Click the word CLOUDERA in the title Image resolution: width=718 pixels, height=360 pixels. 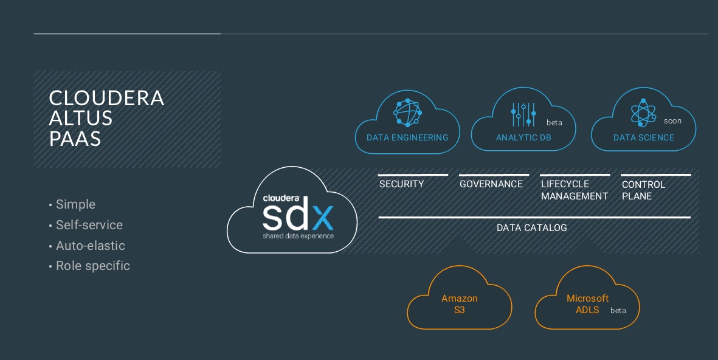pyautogui.click(x=106, y=98)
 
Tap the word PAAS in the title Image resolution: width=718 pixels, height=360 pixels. pyautogui.click(x=75, y=139)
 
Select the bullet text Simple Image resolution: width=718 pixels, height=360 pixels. pyautogui.click(x=75, y=204)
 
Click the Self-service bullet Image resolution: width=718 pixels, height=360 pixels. pyautogui.click(x=89, y=225)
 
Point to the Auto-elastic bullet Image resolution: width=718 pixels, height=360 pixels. pyautogui.click(x=90, y=246)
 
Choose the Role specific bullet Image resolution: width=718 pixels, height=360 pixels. pyautogui.click(x=92, y=266)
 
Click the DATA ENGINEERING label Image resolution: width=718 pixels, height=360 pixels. pyautogui.click(x=407, y=137)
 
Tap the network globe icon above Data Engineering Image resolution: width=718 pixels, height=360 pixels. pyautogui.click(x=407, y=112)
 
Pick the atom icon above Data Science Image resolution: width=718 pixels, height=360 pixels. pyautogui.click(x=643, y=113)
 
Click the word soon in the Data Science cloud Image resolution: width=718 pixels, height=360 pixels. pyautogui.click(x=672, y=121)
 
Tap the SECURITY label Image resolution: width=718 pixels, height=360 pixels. pyautogui.click(x=401, y=184)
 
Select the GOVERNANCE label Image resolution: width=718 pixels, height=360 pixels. pyautogui.click(x=491, y=184)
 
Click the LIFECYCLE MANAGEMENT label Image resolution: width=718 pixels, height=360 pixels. pyautogui.click(x=575, y=190)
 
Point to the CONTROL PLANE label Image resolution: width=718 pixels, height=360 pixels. pyautogui.click(x=643, y=190)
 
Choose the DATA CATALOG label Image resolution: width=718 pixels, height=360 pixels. pyautogui.click(x=531, y=228)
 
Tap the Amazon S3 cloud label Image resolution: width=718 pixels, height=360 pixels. pyautogui.click(x=460, y=304)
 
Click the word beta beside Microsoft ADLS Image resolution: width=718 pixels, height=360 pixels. pyautogui.click(x=618, y=311)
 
